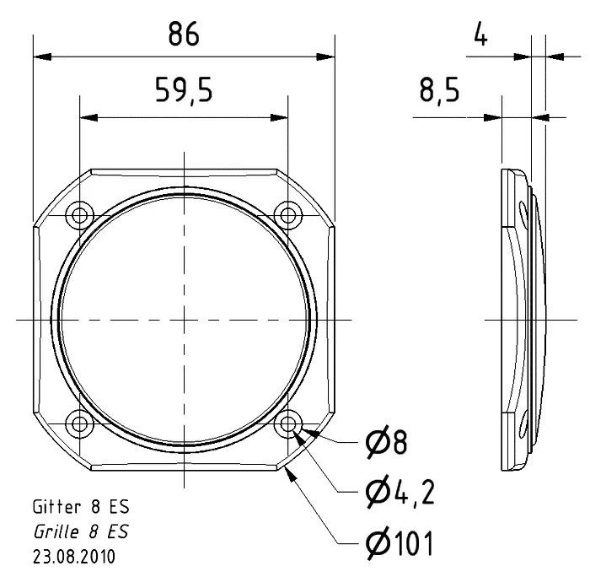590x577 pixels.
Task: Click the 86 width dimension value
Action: (183, 35)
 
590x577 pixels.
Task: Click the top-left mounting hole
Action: (80, 213)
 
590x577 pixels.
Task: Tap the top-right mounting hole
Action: (288, 213)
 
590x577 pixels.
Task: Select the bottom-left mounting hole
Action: (80, 422)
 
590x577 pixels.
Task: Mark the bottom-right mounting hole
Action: (288, 422)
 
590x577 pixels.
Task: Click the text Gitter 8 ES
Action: (81, 508)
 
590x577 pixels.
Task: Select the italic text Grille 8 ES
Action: (81, 532)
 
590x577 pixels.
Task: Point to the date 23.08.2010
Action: (75, 557)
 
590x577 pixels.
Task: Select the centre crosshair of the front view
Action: (184, 318)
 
